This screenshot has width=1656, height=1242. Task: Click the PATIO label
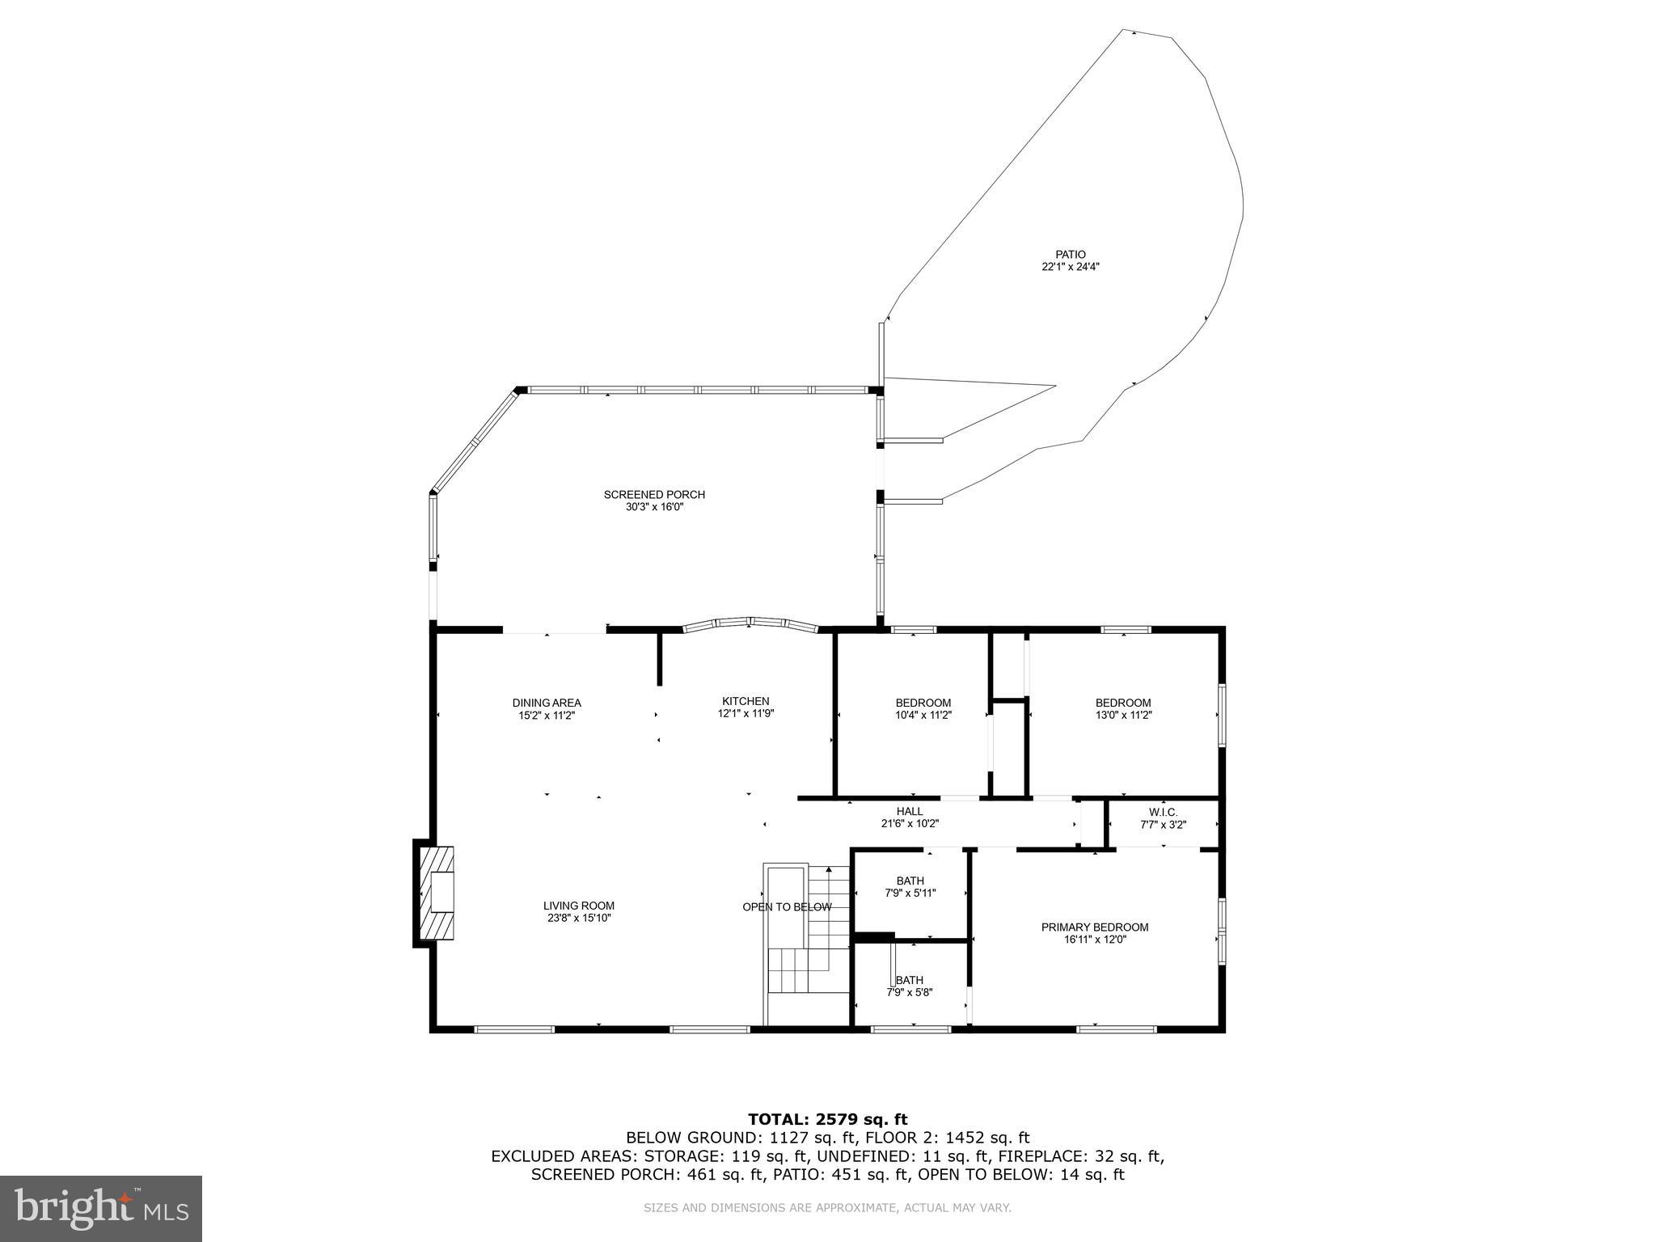coord(1070,254)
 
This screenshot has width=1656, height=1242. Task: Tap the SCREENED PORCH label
coord(654,494)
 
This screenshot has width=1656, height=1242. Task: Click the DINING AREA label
coord(547,703)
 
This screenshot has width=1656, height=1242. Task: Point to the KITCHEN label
coord(746,701)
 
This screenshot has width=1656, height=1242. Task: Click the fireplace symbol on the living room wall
coord(437,892)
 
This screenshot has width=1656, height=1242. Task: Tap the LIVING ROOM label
coord(579,906)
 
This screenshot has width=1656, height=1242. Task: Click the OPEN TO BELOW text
coord(787,907)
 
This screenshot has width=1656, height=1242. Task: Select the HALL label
coord(909,811)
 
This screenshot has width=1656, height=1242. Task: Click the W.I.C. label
coord(1163,812)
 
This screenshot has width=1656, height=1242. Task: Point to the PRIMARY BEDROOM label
coord(1095,927)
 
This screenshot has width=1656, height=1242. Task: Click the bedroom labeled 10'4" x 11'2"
coord(923,708)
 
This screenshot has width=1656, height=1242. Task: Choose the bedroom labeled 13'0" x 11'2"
coord(1123,708)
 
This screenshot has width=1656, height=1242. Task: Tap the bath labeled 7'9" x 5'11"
coord(910,886)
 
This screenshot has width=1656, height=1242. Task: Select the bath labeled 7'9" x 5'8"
coord(910,986)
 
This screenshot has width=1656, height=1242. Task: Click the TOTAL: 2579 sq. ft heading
coord(827,1119)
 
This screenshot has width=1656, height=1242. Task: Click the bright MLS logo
coord(101,1208)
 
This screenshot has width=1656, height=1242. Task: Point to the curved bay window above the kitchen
coord(750,623)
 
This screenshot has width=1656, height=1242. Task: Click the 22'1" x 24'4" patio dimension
coord(1070,266)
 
